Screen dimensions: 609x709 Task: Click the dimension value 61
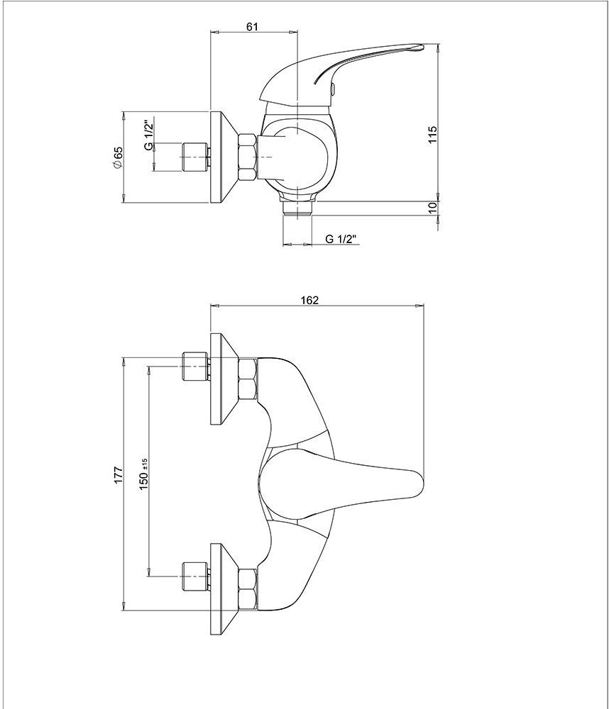252,27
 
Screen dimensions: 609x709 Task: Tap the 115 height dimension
433,135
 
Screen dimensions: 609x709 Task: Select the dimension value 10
433,208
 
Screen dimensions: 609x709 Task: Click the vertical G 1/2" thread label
148,135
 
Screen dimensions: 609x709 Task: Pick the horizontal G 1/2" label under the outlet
341,239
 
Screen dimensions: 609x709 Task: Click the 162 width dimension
309,300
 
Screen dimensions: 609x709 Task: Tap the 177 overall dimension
118,475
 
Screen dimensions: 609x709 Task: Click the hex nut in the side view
248,157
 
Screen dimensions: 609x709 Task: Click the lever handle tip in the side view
419,46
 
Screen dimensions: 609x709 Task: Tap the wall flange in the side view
224,157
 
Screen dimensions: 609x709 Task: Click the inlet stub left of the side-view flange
196,157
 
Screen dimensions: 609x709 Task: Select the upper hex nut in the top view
248,379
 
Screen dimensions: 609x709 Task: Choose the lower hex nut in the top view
248,589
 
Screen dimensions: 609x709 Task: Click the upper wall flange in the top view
224,379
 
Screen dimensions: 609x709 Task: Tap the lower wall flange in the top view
224,589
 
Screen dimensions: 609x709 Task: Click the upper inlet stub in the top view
196,366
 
